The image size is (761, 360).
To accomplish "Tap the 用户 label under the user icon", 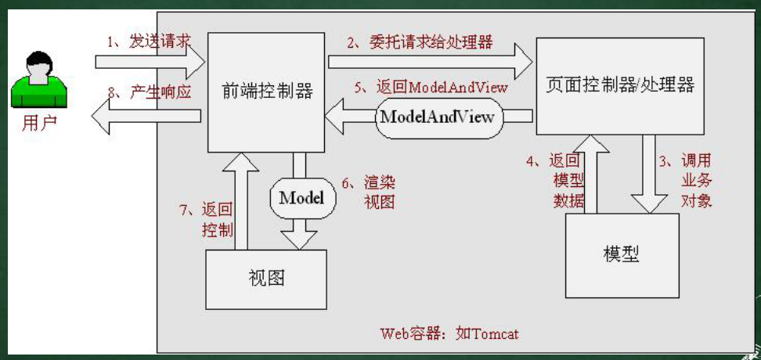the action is coord(39,124).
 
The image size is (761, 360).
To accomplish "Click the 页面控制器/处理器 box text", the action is coord(620,85).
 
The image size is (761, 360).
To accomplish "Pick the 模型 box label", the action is coord(622,254).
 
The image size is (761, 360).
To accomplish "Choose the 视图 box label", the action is coord(266,278).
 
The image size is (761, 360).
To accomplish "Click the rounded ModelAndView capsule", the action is coord(438,117).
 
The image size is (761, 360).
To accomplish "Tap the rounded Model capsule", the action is coord(302,198).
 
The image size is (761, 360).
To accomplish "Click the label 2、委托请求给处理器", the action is coord(420,42).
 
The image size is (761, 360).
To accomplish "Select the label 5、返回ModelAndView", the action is coord(431,88).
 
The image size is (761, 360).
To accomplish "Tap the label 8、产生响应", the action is coord(150,92).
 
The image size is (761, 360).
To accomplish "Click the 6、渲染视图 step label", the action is coord(369,192).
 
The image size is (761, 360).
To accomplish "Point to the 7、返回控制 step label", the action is coord(207,219).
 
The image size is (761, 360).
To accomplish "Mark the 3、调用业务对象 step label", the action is coord(685,181).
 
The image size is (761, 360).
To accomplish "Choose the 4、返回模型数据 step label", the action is coord(556,181).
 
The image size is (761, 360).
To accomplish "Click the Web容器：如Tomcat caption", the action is coord(449,333).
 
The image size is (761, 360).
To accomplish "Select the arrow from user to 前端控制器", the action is coord(150,62).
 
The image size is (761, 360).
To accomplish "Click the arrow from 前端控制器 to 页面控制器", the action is coord(430,62).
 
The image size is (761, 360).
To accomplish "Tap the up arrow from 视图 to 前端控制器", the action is coord(240,201).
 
